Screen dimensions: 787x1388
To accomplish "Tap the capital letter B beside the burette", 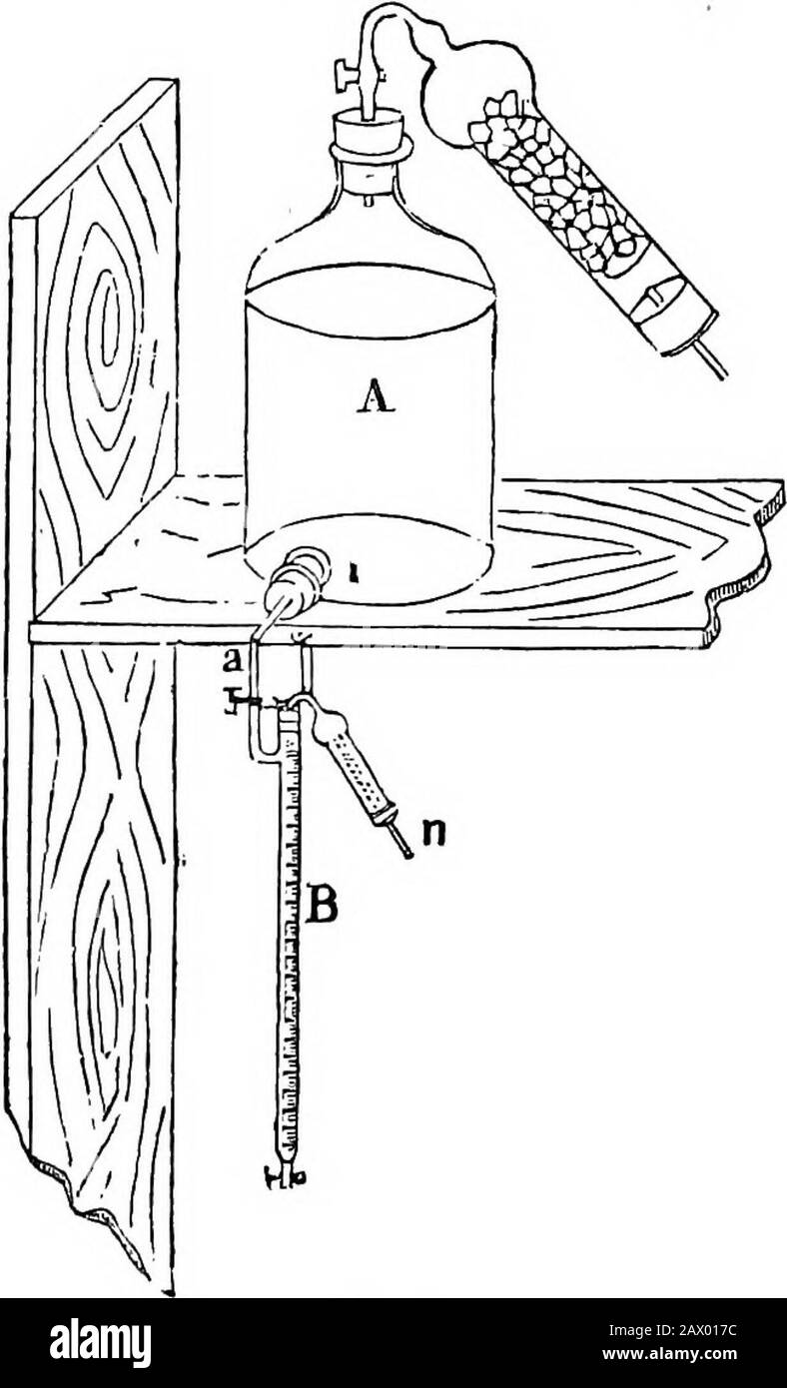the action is coord(323,907).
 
